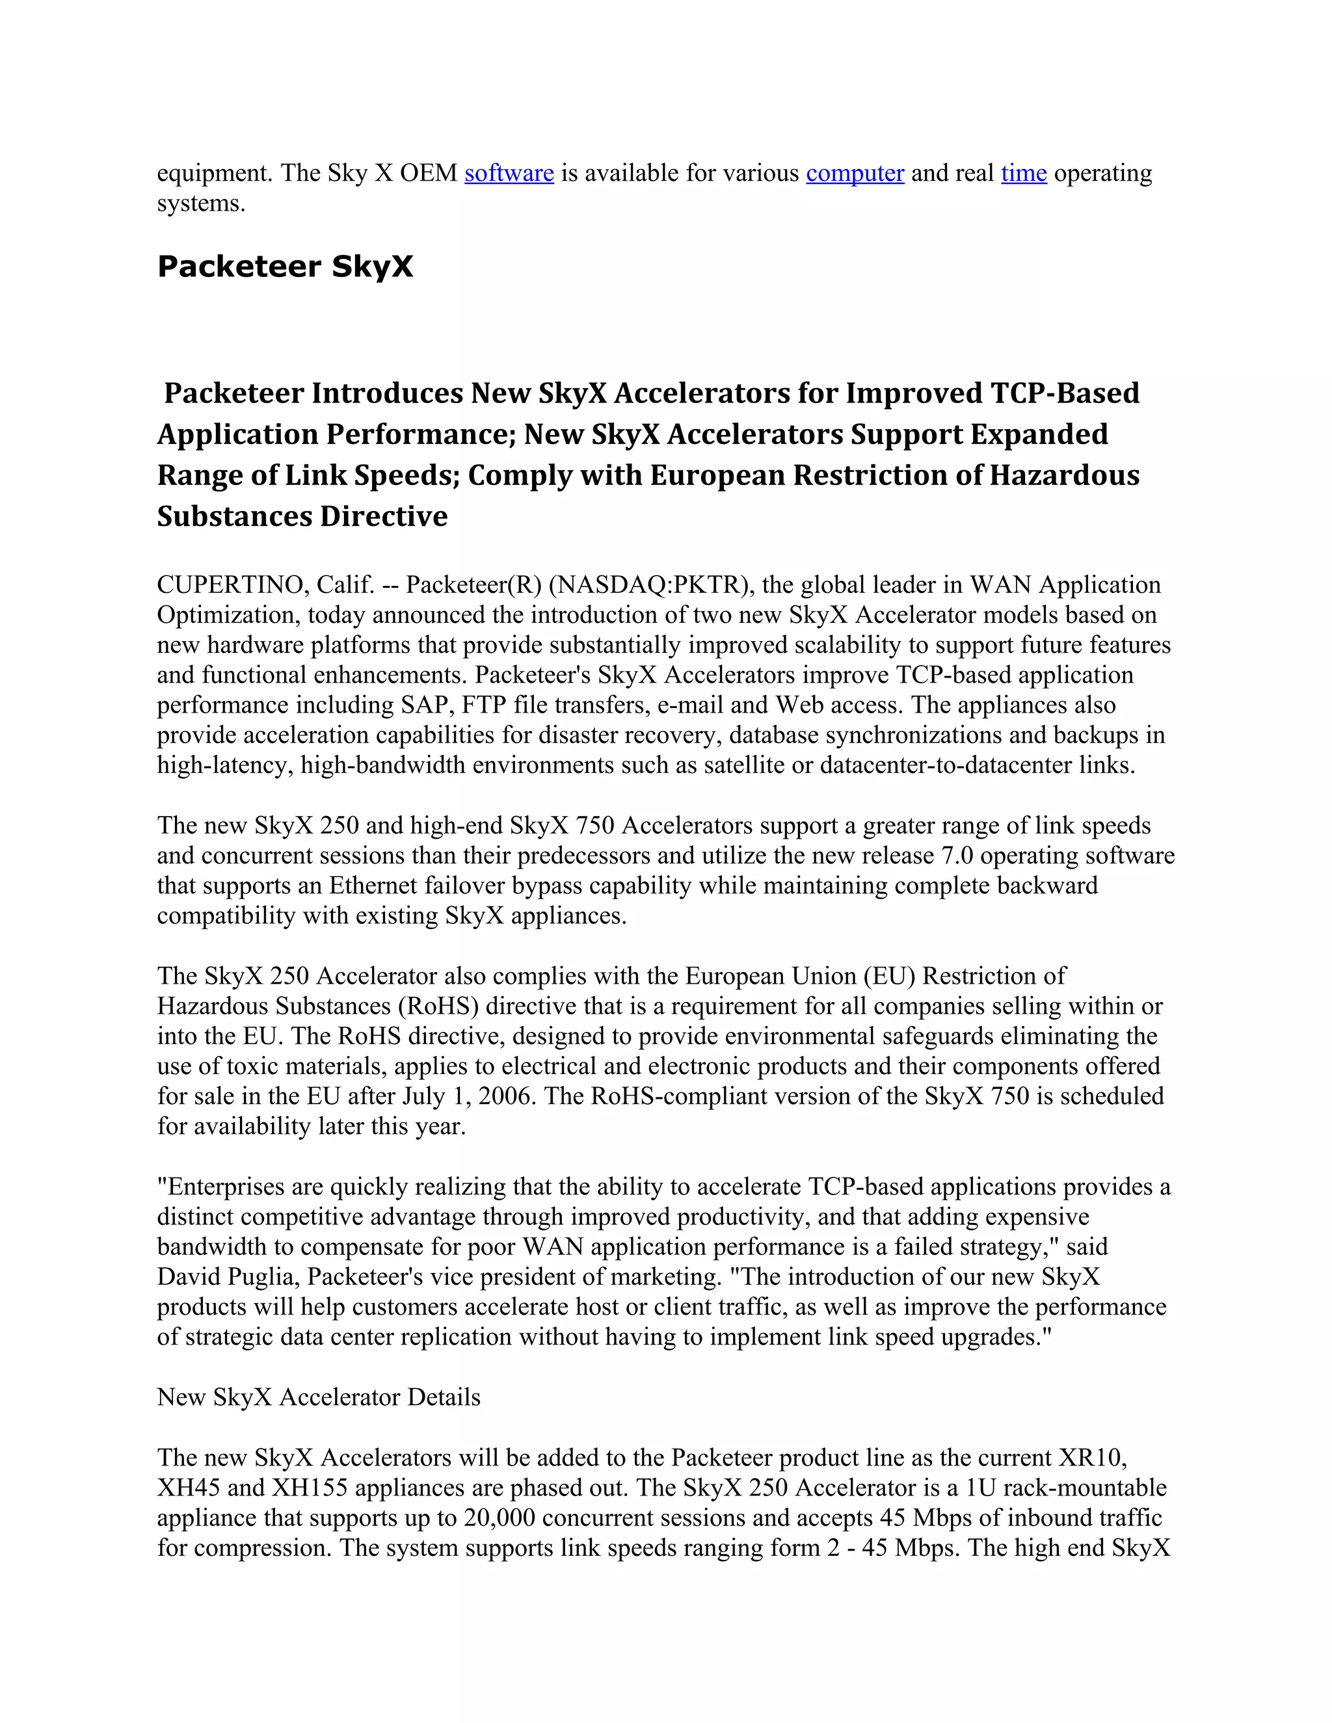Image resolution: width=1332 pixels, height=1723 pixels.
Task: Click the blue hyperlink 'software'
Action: (x=509, y=173)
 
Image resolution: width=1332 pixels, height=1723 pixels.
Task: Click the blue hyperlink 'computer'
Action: (x=855, y=173)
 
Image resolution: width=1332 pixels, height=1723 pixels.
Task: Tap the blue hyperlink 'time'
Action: (x=1024, y=173)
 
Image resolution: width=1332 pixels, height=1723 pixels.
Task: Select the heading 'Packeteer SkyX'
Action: (x=285, y=267)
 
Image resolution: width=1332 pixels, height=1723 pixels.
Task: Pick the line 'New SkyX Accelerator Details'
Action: (x=319, y=1397)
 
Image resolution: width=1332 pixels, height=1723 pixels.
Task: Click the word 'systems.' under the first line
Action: (x=201, y=204)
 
